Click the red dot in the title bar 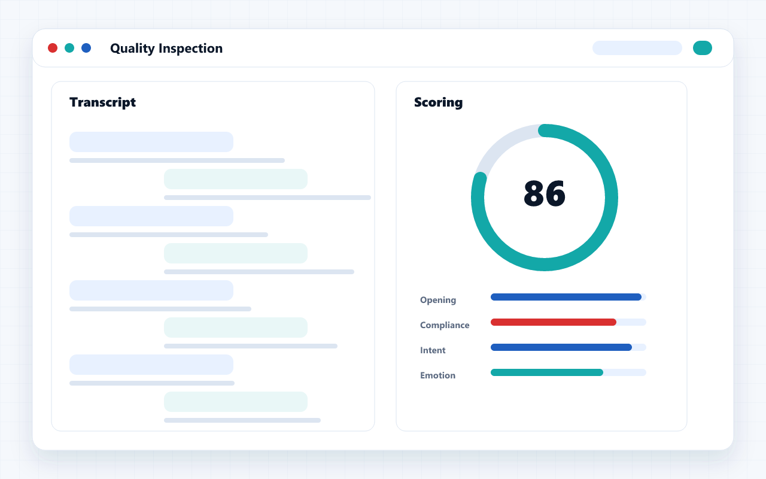[x=53, y=48]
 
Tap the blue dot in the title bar [x=86, y=48]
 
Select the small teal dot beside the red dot [x=69, y=48]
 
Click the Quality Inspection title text [x=166, y=48]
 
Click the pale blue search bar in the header [x=637, y=48]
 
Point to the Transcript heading [x=102, y=102]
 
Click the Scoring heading [x=439, y=102]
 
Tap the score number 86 [x=545, y=193]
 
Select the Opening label [x=438, y=300]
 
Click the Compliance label [x=445, y=325]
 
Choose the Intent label [x=433, y=350]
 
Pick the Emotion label [x=437, y=375]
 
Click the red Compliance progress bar [x=554, y=322]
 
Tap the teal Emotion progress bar [x=547, y=372]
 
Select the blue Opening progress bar [x=566, y=297]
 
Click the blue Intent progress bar [x=561, y=347]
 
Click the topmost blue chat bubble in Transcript [x=151, y=142]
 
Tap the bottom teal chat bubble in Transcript [x=236, y=402]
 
